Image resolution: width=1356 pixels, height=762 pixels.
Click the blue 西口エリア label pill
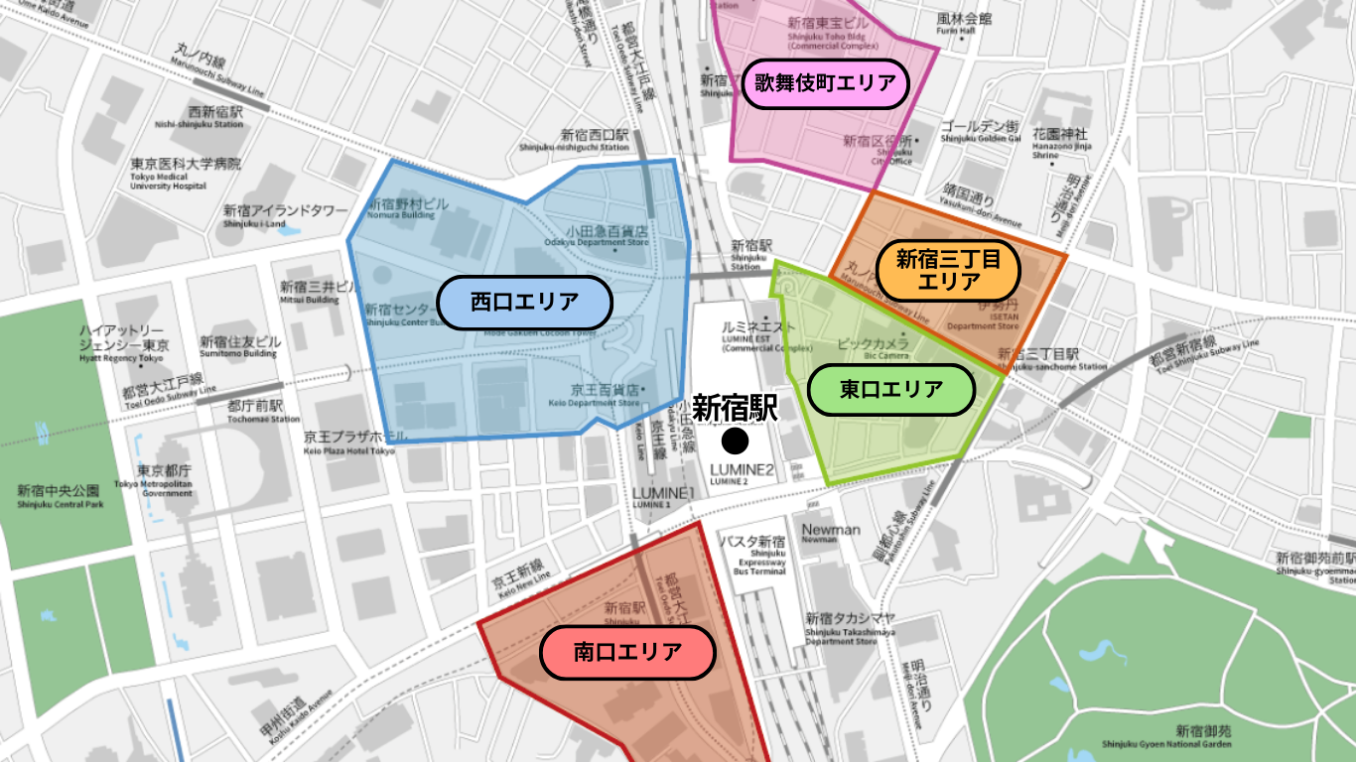click(524, 303)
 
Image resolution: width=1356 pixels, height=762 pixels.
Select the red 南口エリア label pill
click(627, 652)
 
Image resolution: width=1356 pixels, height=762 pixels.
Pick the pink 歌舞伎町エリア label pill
click(825, 83)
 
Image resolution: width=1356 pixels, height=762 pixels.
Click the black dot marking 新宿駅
click(735, 440)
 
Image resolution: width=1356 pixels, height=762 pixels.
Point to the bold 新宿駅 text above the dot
click(735, 409)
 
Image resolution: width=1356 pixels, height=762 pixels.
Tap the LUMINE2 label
click(742, 470)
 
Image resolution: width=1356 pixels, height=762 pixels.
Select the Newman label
click(831, 530)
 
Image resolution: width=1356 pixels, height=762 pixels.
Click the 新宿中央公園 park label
click(59, 490)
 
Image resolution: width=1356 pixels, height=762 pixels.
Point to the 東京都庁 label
click(164, 471)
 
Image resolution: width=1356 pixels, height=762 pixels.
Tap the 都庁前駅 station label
click(255, 406)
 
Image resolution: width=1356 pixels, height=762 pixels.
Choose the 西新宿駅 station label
click(215, 112)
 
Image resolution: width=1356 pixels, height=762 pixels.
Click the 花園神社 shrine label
click(1059, 134)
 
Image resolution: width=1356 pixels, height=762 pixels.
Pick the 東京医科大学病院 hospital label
click(186, 163)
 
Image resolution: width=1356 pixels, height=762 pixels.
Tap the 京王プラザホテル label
click(355, 437)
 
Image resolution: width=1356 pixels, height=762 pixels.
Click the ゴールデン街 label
click(980, 127)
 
